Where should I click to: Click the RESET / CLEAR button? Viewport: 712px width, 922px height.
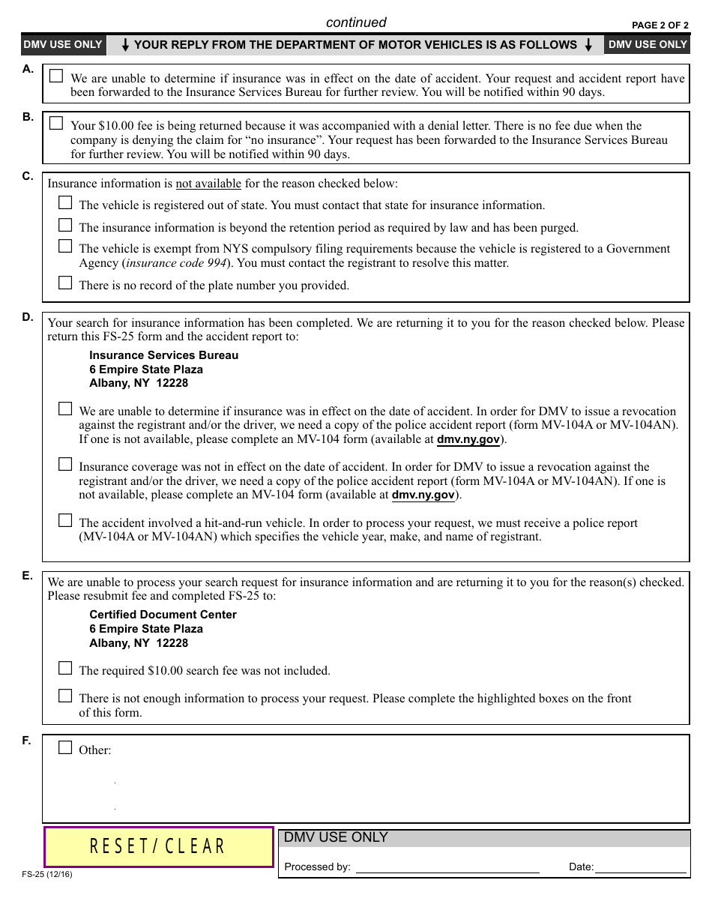(159, 846)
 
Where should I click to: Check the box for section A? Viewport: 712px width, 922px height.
(56, 76)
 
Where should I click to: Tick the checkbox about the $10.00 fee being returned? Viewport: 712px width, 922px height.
(56, 124)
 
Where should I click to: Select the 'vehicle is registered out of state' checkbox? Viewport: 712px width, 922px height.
(65, 203)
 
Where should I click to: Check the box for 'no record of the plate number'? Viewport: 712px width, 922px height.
(65, 283)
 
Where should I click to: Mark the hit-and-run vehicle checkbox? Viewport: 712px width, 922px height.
(65, 521)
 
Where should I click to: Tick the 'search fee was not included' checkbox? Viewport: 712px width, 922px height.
(65, 669)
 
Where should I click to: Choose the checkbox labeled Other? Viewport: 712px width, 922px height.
(65, 748)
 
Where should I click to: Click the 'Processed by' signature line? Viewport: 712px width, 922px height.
(447, 867)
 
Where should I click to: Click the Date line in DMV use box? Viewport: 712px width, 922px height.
(640, 867)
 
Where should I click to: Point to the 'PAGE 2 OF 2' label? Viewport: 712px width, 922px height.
(660, 25)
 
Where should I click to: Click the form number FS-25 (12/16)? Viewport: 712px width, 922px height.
(47, 874)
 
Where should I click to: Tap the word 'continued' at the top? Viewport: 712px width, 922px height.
(356, 22)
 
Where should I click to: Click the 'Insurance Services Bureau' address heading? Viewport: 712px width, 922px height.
(163, 355)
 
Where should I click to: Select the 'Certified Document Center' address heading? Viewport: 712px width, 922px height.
(163, 615)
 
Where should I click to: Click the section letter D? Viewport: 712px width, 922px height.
(28, 317)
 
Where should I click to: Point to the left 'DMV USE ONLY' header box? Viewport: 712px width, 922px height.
(62, 45)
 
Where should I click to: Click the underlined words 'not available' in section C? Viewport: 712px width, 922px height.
(208, 184)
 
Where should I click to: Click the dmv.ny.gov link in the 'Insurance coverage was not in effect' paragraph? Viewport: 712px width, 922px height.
(423, 495)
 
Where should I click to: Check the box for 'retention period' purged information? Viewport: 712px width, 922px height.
(65, 226)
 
